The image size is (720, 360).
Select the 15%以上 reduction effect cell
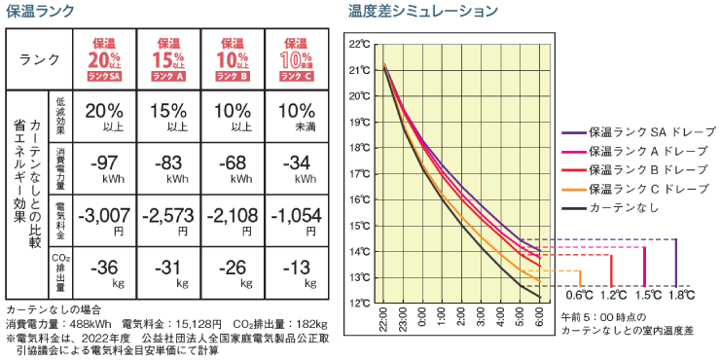point(171,114)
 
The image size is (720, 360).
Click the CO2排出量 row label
point(59,270)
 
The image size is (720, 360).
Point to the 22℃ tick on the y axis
point(360,44)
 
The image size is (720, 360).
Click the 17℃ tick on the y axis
point(360,174)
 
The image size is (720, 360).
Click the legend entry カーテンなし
point(624,207)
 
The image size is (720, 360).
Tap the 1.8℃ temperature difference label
point(681,294)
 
